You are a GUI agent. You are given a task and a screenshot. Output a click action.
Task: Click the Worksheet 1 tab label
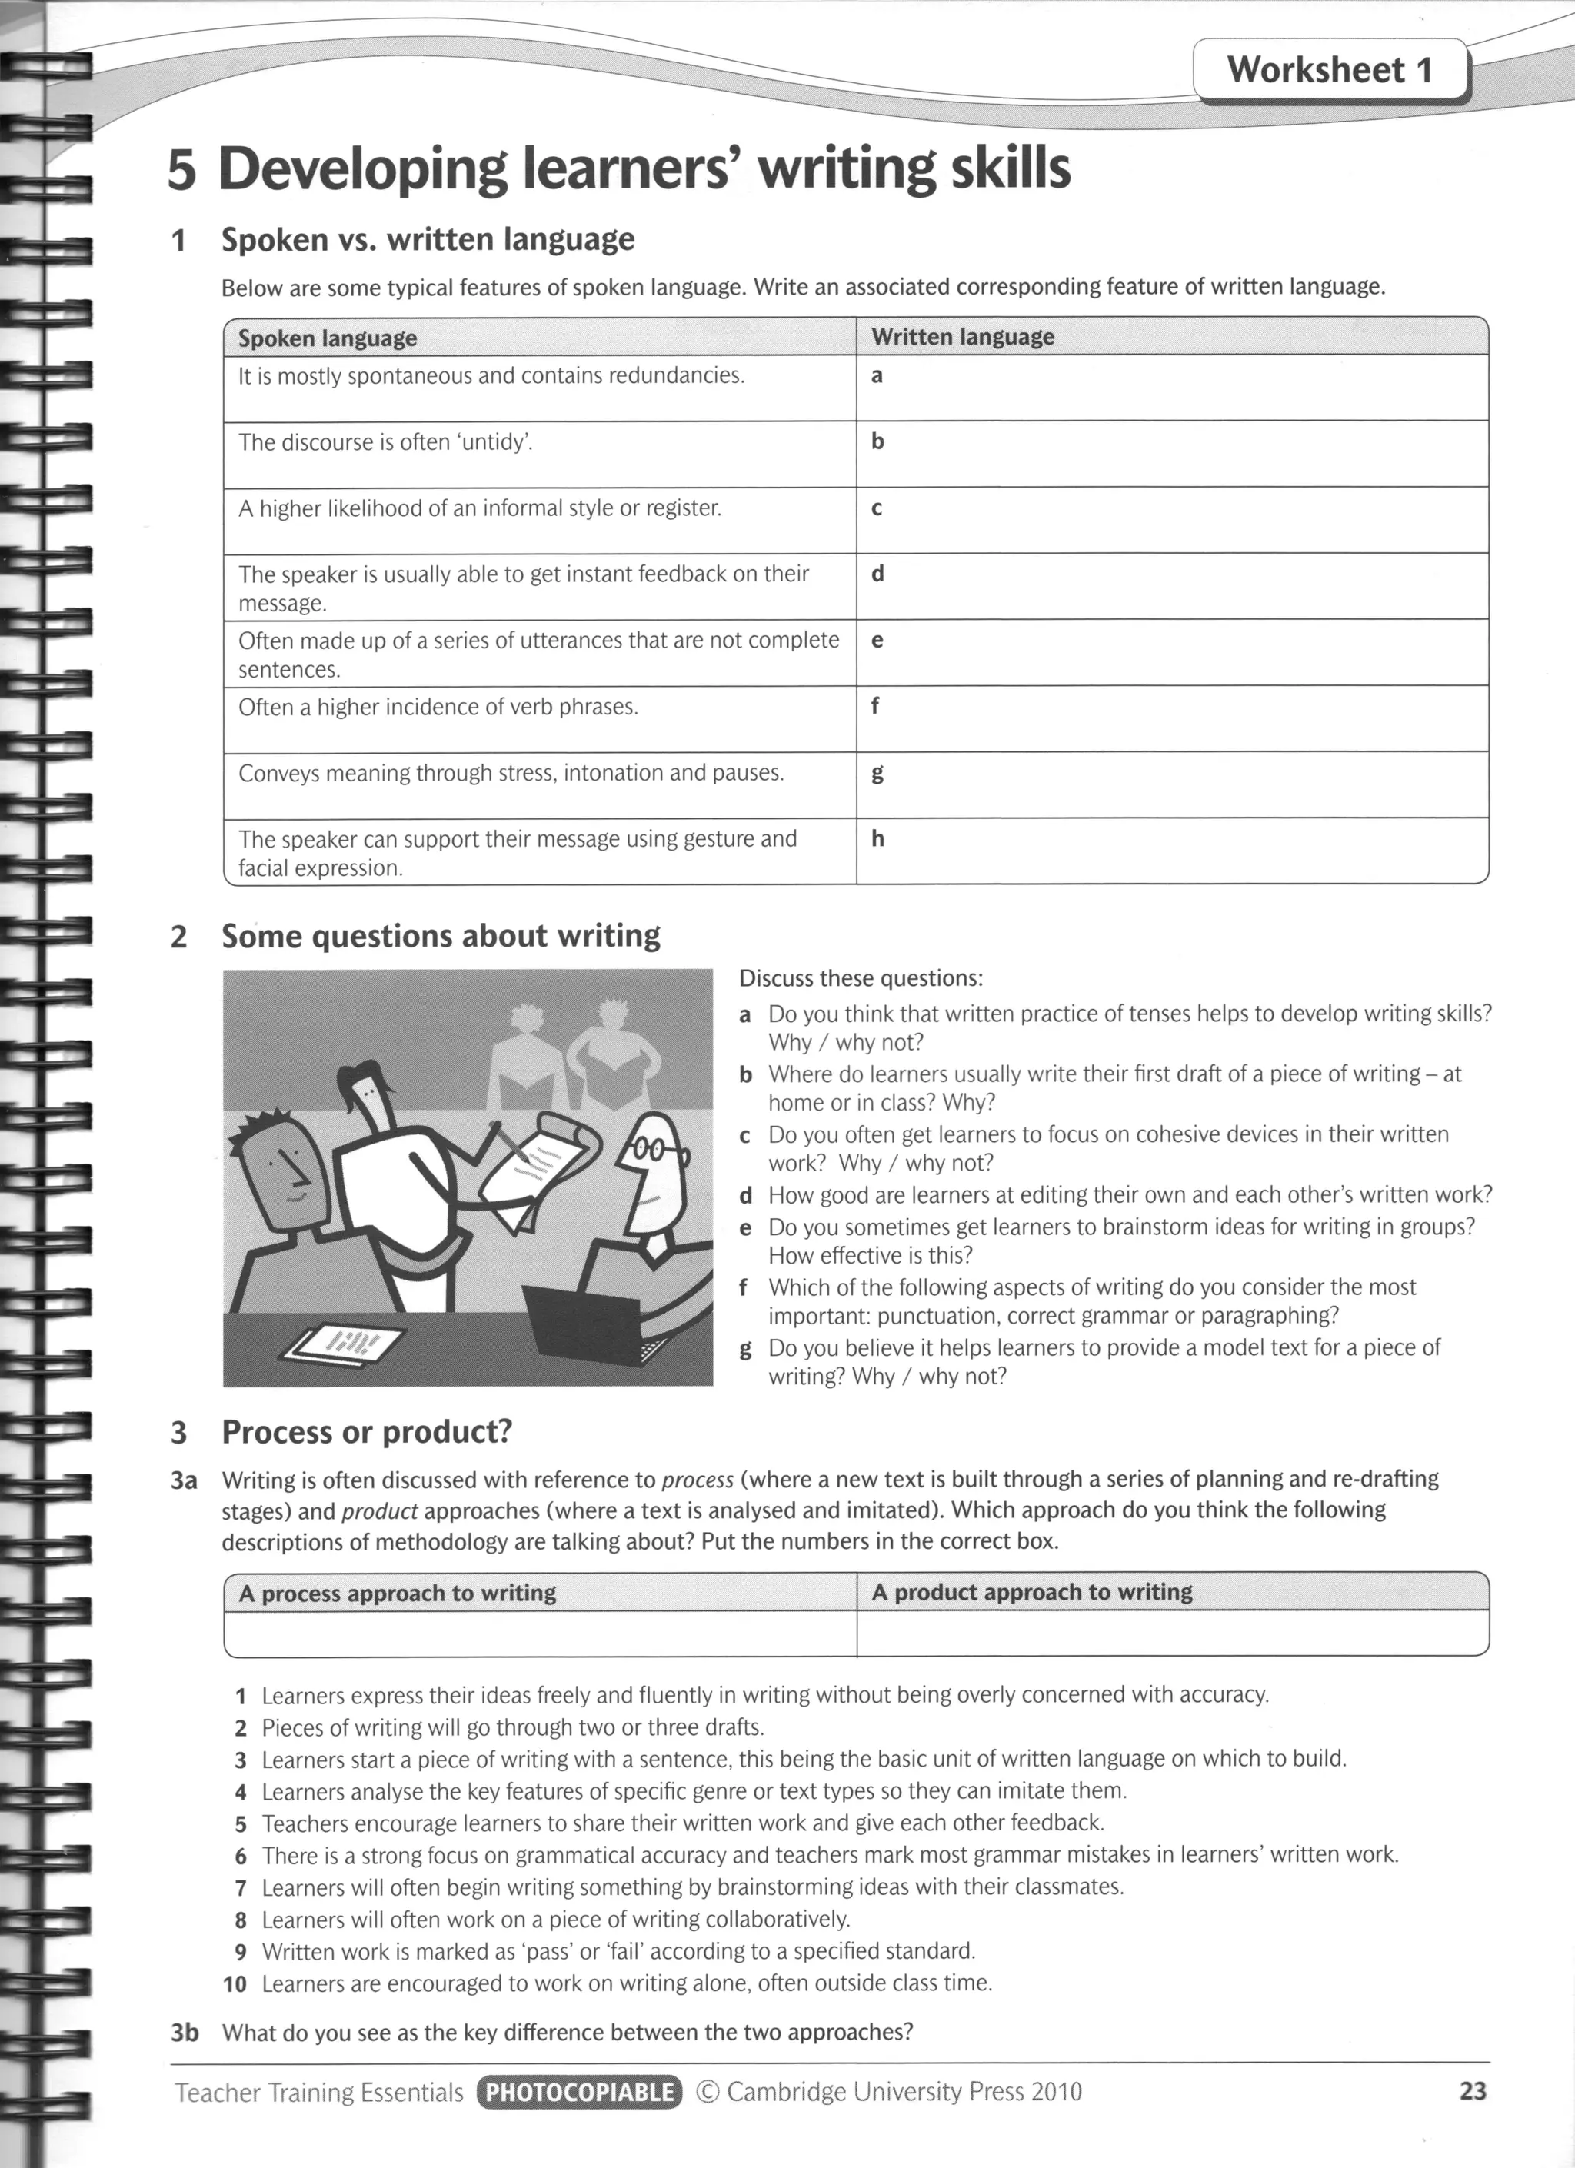tap(1330, 70)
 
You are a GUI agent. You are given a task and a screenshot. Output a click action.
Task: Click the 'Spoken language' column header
tap(327, 338)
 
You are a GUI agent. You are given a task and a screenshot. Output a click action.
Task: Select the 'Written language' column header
tap(962, 337)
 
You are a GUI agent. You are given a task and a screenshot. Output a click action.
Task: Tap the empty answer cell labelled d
tap(1172, 586)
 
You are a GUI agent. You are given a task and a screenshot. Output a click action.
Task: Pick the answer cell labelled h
tap(1172, 851)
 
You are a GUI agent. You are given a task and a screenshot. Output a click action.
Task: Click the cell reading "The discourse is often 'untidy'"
tap(386, 442)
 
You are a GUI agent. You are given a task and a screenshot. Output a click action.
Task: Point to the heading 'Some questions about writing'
tap(441, 936)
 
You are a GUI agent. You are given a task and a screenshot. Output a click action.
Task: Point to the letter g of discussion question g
tap(745, 1349)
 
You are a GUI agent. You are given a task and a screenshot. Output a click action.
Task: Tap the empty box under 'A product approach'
tap(1172, 1633)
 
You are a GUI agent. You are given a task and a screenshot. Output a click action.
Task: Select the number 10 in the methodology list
tap(235, 1983)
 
